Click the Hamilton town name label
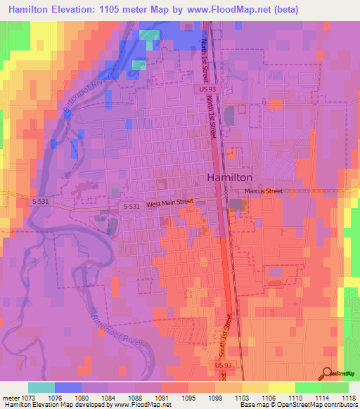[x=229, y=178]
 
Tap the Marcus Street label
[x=263, y=191]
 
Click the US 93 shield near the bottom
[x=221, y=365]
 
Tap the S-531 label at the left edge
[x=41, y=201]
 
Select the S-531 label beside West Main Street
[x=130, y=206]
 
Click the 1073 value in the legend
[x=29, y=397]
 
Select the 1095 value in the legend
[x=188, y=397]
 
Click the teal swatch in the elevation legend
[x=41, y=387]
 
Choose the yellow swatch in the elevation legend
[x=282, y=387]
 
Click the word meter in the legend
[x=11, y=397]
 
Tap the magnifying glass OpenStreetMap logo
[x=326, y=373]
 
